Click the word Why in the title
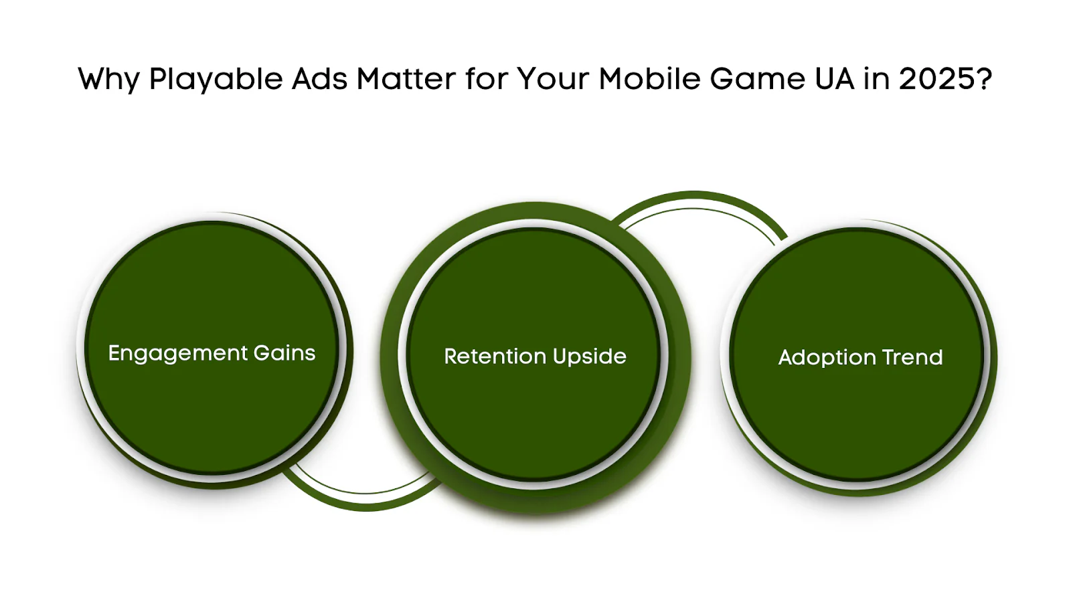coord(108,79)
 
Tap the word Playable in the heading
coord(216,79)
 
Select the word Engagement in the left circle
coord(178,354)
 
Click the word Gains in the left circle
coord(284,353)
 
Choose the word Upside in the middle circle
coord(589,357)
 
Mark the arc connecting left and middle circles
coord(366,502)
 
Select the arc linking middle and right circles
coord(695,200)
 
